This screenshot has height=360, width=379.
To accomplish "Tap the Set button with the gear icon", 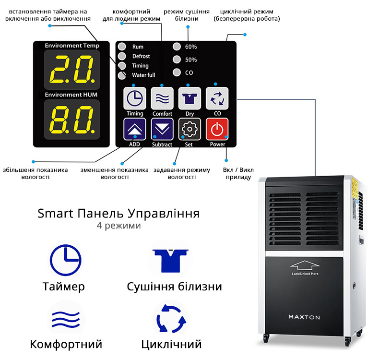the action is pos(189,129).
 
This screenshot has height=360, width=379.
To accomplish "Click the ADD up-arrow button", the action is pos(135,129).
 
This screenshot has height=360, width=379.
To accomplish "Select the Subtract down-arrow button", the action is pos(162,129).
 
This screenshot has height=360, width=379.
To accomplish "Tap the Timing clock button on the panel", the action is pos(135,98).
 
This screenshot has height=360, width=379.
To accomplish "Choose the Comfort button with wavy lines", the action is pos(162,98).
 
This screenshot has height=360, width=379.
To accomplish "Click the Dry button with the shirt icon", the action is pos(189,98).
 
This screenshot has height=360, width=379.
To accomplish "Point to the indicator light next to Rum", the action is pos(122,47).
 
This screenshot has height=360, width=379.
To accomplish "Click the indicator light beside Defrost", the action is pos(122,56).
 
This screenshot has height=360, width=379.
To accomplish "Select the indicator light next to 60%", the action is pos(177,47).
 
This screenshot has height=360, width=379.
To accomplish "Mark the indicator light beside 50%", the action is pos(177,59).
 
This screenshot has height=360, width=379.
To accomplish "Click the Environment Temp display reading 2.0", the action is pos(72,70).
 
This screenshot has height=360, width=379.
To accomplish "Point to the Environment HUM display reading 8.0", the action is pos(72,120).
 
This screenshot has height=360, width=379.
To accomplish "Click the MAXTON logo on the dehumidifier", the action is pos(304,317).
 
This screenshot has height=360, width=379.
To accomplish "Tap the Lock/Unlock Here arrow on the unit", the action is pos(305,265).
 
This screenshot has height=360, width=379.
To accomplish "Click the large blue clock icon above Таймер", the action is pos(66,260).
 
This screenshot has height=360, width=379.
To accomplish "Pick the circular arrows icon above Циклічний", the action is pos(171,318).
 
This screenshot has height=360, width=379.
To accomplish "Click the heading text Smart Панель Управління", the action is pos(118,214).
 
